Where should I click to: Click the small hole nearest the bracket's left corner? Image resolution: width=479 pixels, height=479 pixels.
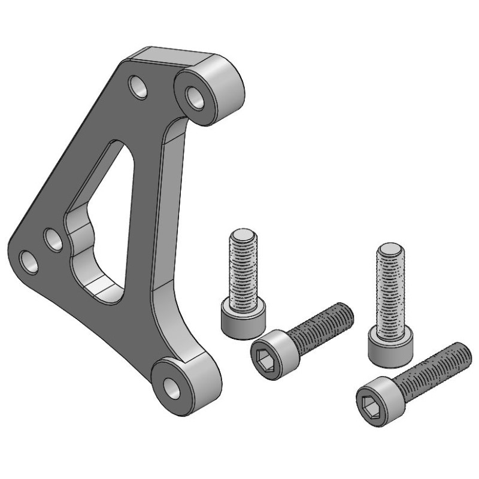point(28,260)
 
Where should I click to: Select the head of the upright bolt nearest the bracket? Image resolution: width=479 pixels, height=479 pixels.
point(242,319)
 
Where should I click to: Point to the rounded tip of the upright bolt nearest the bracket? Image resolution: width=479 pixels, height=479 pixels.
point(243,233)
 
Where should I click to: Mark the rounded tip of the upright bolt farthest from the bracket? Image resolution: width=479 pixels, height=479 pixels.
point(390,247)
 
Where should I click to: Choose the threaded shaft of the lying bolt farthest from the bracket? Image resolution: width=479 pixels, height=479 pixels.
point(431,368)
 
